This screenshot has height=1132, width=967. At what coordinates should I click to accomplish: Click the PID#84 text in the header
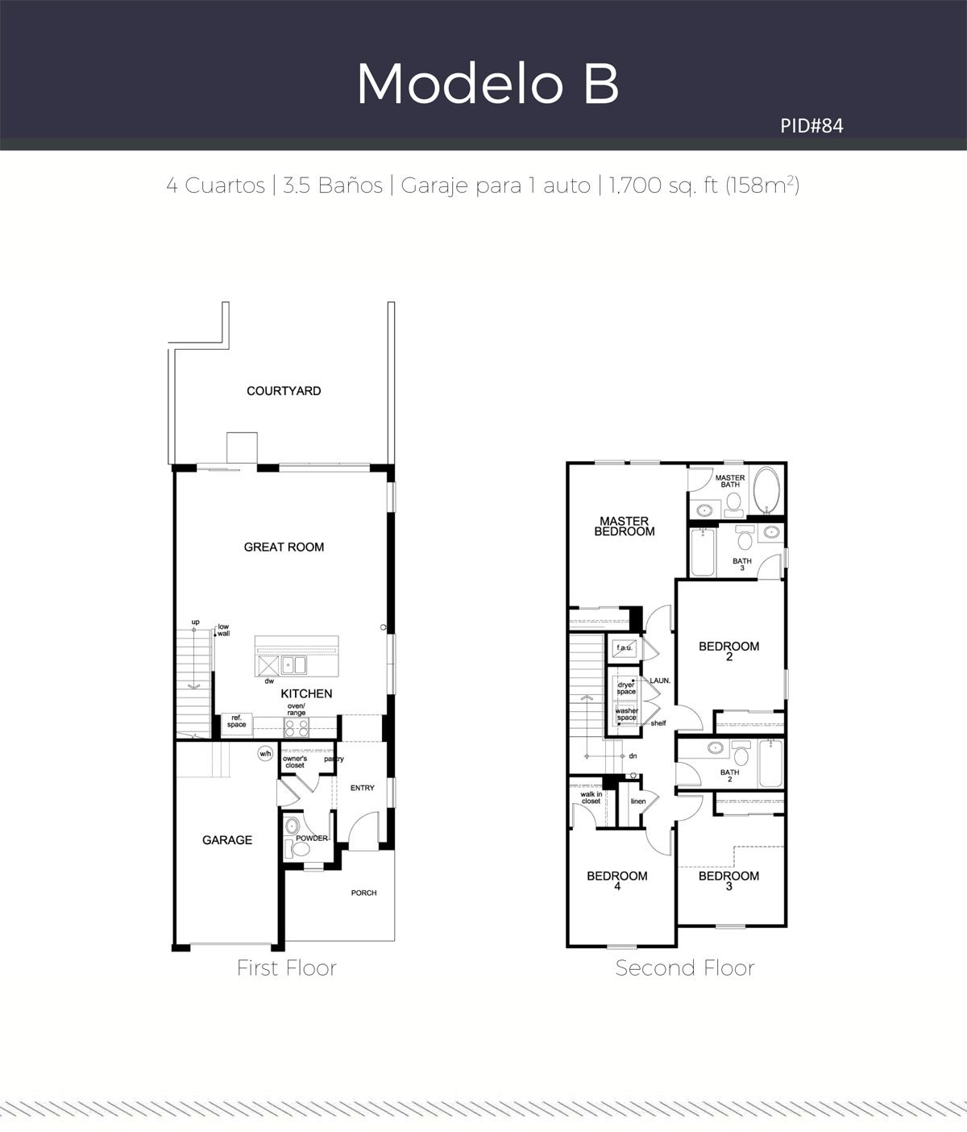(811, 126)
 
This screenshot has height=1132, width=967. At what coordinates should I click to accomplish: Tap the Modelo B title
(488, 83)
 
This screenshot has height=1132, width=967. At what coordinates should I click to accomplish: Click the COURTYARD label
(284, 391)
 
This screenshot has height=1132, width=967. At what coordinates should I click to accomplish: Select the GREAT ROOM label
(284, 547)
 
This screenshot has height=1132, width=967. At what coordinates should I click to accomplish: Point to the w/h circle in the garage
(265, 754)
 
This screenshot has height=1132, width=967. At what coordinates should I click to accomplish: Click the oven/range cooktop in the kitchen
(296, 728)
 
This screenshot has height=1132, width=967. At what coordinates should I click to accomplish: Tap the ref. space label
(236, 721)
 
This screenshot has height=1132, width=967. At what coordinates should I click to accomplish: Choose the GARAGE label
(227, 840)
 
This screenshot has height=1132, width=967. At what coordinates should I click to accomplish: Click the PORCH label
(364, 893)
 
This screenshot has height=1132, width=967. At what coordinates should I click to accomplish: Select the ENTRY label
(363, 788)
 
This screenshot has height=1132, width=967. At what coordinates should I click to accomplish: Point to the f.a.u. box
(625, 647)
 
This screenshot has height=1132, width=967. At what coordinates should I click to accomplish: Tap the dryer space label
(626, 688)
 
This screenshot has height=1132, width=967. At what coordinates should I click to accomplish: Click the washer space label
(627, 714)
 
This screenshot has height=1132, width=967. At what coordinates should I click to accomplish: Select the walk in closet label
(591, 797)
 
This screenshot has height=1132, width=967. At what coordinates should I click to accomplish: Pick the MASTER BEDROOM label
(625, 526)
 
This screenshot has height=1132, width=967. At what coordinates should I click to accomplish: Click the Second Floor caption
(685, 968)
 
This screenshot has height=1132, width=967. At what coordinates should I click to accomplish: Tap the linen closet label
(638, 801)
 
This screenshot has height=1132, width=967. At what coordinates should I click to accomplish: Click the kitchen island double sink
(294, 665)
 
